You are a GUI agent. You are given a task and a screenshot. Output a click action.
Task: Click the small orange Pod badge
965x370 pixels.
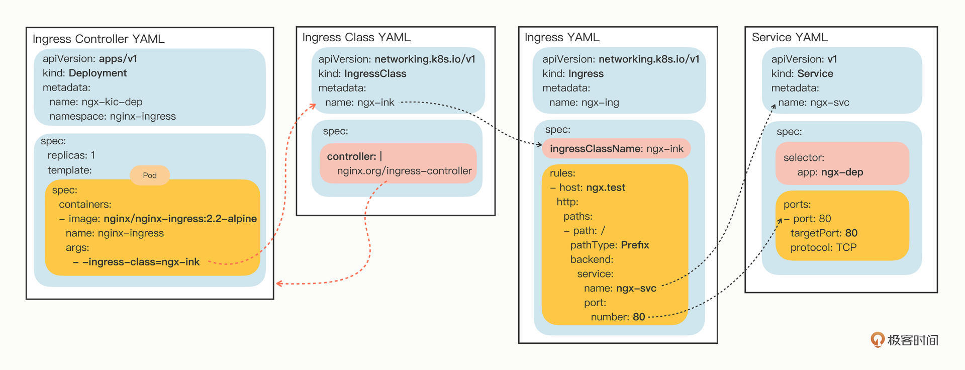(x=149, y=175)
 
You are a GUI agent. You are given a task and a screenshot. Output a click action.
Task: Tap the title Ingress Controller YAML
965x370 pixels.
(x=99, y=39)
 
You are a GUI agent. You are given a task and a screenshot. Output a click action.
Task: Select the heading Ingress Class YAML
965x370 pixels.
(x=356, y=38)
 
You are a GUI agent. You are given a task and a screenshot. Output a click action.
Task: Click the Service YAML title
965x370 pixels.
(x=789, y=38)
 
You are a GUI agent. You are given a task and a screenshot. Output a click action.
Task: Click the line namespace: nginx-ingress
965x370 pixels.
(x=113, y=117)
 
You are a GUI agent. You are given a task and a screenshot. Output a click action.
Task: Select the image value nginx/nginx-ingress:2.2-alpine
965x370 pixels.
(x=180, y=219)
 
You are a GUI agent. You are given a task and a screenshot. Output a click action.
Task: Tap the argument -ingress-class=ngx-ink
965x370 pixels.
(x=141, y=262)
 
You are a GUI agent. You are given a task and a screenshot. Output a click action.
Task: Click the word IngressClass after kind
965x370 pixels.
(x=375, y=74)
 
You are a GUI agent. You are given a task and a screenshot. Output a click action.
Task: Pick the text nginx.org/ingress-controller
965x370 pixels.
(x=404, y=171)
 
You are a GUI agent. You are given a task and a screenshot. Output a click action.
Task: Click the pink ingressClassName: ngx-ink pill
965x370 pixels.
(x=616, y=149)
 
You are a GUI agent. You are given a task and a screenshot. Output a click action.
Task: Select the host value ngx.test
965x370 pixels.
(x=606, y=188)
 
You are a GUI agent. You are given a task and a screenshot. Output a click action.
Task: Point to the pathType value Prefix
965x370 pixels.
(x=635, y=245)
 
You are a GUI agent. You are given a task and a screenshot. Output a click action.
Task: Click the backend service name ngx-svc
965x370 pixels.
(x=636, y=289)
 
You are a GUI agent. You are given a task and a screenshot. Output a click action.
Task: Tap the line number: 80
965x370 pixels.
(x=618, y=317)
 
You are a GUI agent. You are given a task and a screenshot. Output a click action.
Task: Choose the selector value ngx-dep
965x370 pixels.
(x=842, y=172)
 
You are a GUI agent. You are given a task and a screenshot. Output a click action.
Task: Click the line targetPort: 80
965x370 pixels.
(x=824, y=233)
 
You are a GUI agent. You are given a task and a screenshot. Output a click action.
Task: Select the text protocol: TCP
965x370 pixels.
(x=823, y=248)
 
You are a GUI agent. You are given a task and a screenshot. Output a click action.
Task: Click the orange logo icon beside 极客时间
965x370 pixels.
(x=877, y=340)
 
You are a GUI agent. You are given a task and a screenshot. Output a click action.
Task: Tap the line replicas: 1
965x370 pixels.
(x=71, y=155)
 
